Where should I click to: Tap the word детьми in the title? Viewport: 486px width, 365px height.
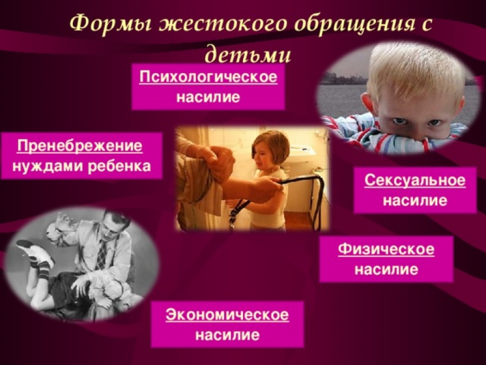coord(248,55)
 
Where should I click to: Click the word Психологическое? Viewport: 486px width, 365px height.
coord(208,77)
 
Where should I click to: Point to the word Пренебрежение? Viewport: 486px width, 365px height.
coord(80,145)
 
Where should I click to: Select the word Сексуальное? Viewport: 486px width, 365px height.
coord(415,180)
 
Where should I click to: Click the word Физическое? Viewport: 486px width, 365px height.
coord(386,249)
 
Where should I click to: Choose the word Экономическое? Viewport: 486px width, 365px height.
coord(227,315)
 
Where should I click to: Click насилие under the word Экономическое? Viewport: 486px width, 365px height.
coord(227,335)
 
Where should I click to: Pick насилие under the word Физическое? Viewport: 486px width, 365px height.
coord(386,269)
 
